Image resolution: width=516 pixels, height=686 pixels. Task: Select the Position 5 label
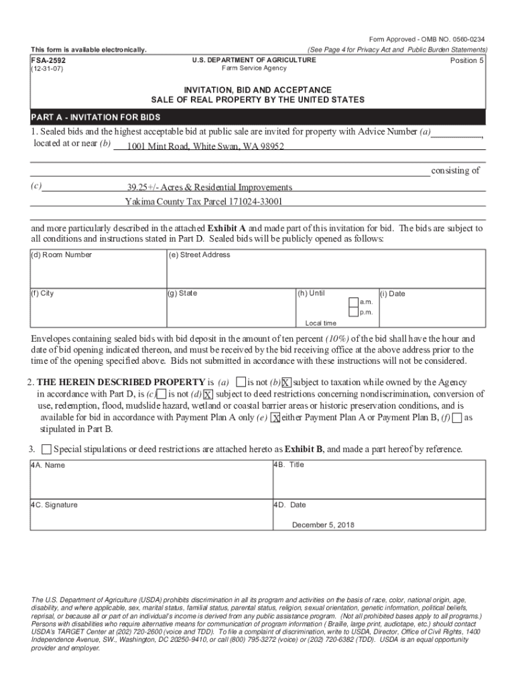(x=466, y=60)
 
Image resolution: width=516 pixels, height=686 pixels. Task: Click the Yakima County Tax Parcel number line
(x=204, y=201)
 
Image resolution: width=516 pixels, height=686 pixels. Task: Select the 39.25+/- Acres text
(x=210, y=187)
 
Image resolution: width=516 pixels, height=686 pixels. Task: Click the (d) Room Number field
(x=98, y=270)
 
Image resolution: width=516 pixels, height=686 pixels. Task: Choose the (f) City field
(x=98, y=308)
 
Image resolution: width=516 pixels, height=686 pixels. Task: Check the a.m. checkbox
(x=353, y=301)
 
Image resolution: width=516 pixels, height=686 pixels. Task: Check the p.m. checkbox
(x=353, y=312)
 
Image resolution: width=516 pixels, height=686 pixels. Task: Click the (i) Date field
(x=432, y=308)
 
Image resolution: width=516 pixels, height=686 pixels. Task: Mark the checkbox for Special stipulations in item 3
(x=46, y=448)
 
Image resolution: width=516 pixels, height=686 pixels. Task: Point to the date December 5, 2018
(x=323, y=525)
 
